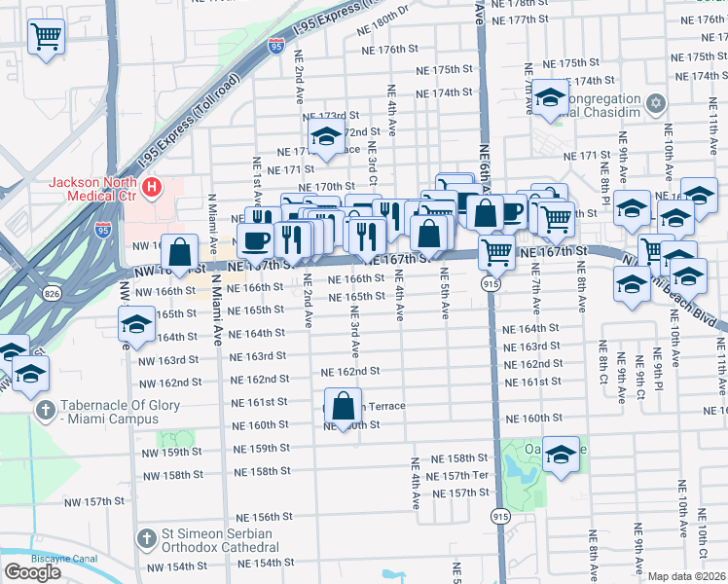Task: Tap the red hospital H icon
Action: pyautogui.click(x=151, y=186)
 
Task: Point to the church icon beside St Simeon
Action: pyautogui.click(x=146, y=538)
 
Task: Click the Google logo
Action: pyautogui.click(x=31, y=572)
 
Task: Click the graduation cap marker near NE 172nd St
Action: pyautogui.click(x=325, y=137)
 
